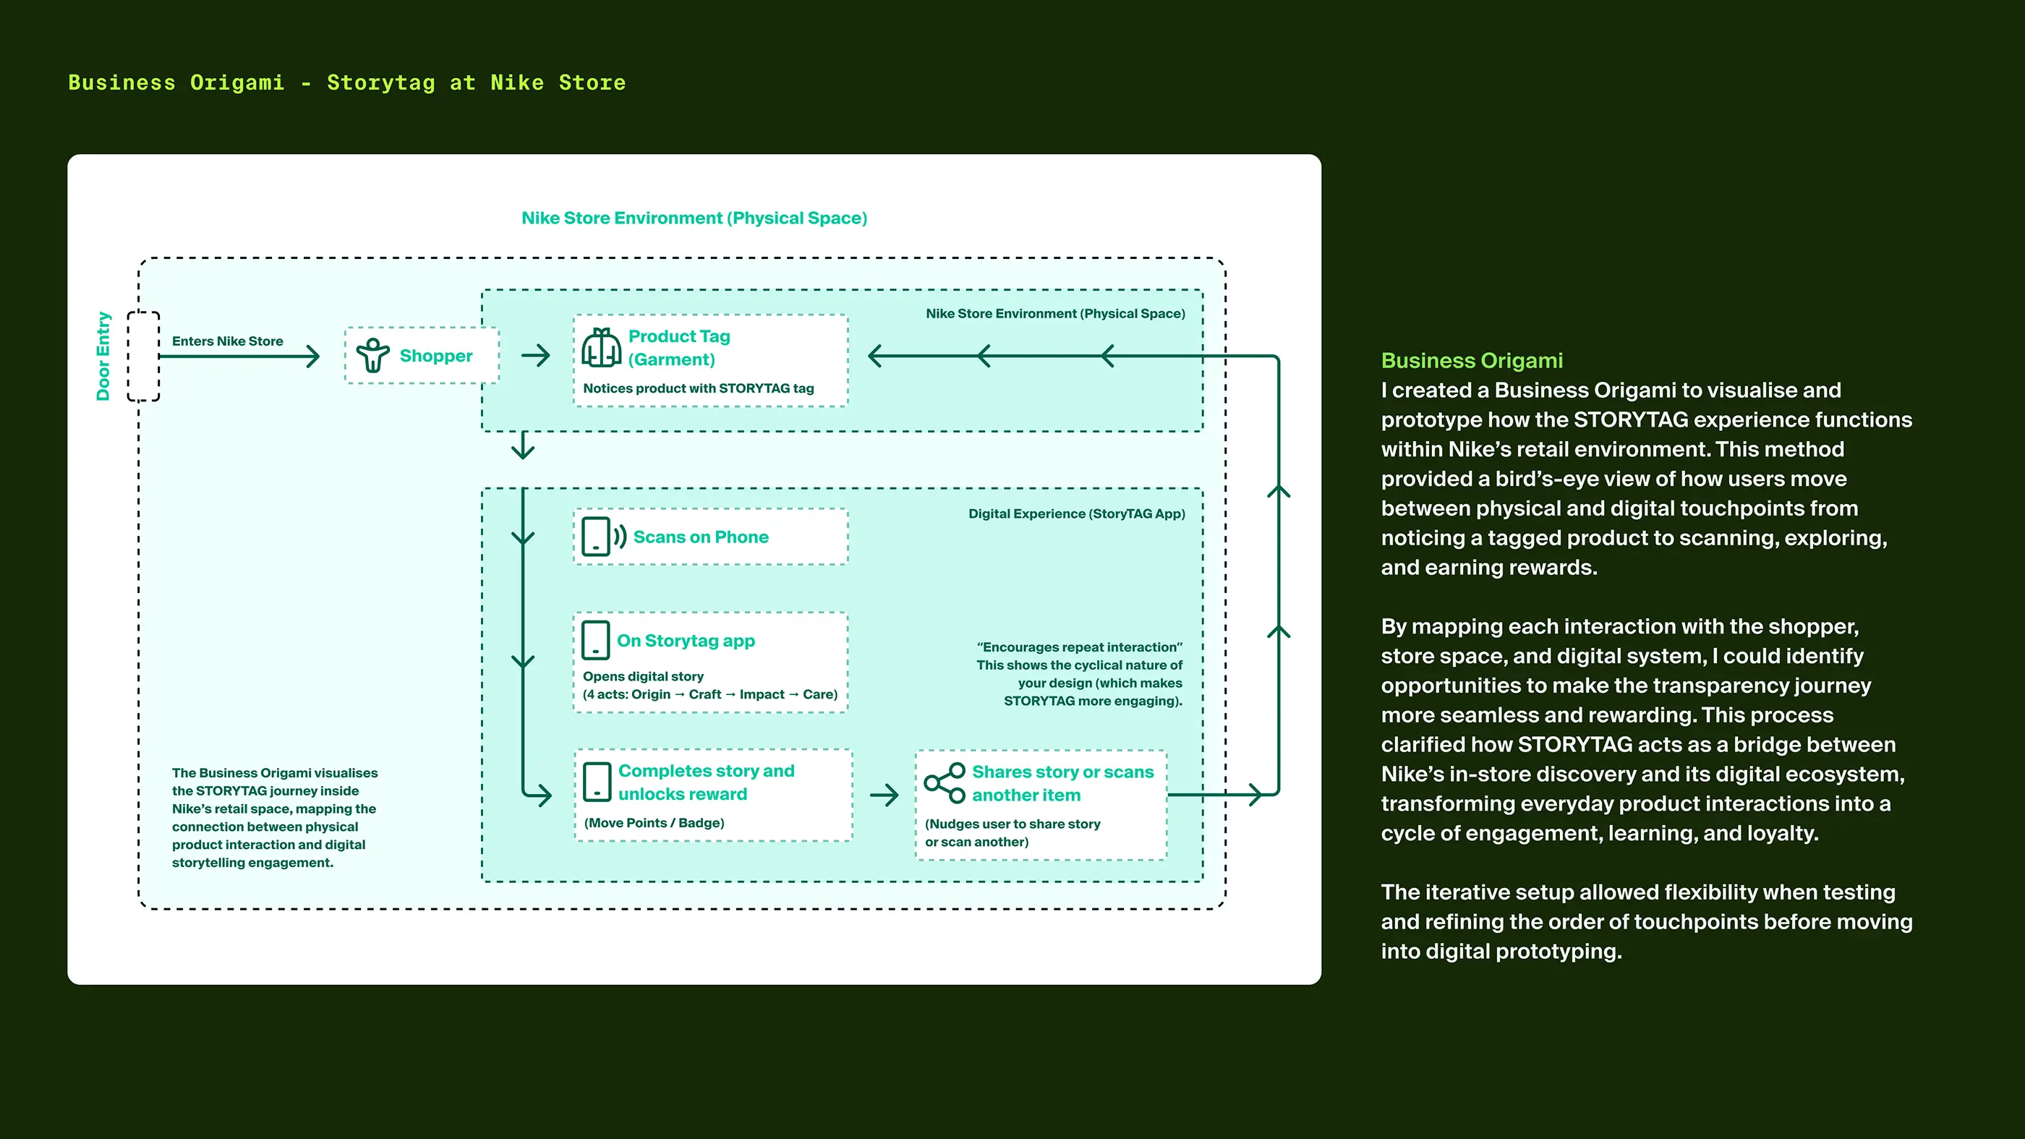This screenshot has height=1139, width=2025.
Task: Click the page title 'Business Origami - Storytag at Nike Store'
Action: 346,82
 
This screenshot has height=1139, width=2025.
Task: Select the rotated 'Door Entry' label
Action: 103,356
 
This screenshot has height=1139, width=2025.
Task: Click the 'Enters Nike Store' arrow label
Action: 227,341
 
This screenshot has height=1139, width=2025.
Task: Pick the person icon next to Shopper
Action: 372,355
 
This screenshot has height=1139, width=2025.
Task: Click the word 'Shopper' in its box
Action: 436,355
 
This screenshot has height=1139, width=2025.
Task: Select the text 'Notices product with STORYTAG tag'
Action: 698,388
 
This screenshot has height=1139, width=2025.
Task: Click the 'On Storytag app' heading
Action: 686,641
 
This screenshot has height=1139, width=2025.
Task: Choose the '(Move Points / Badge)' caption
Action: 654,823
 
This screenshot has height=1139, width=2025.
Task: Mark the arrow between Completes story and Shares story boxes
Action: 884,795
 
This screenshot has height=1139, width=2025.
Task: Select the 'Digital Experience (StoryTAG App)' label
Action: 1076,513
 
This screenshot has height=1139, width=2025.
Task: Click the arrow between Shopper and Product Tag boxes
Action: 536,355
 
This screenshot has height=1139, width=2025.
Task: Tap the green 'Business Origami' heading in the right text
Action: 1472,360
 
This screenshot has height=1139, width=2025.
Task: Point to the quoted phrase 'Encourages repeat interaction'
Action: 1079,647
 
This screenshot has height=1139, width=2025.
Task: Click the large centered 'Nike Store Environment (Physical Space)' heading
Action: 694,218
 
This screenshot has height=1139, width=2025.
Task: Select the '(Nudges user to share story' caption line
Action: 1012,824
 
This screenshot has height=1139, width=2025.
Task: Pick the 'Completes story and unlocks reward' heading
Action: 706,782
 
